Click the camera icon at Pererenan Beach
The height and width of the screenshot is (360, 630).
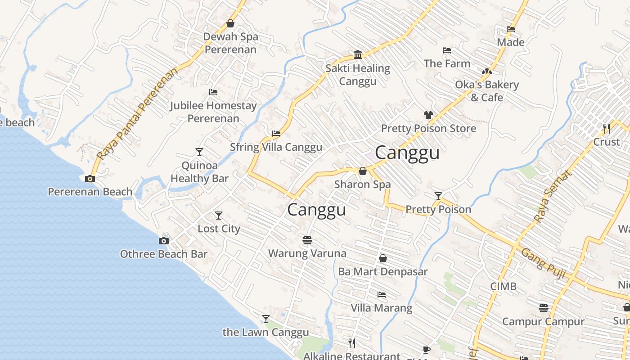click(x=90, y=179)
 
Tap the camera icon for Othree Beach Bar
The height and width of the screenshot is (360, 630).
click(x=164, y=241)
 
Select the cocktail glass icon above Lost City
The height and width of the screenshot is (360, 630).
click(x=219, y=216)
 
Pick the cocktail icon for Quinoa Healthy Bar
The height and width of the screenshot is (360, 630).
click(x=199, y=152)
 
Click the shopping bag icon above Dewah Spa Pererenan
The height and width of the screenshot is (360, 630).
click(x=230, y=23)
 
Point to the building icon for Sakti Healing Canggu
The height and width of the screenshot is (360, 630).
click(x=358, y=55)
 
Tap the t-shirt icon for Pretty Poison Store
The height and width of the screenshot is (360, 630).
click(x=428, y=115)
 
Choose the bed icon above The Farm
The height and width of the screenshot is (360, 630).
click(x=447, y=50)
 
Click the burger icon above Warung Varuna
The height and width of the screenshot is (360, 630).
click(x=307, y=240)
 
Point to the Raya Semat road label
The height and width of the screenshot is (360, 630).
click(x=552, y=196)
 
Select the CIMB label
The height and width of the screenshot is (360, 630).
click(x=503, y=286)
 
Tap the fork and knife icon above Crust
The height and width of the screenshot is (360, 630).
click(x=607, y=129)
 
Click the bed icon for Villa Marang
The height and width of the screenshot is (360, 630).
click(x=382, y=295)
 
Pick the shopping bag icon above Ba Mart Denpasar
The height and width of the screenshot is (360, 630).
click(x=383, y=258)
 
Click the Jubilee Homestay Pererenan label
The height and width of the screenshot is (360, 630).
click(x=213, y=112)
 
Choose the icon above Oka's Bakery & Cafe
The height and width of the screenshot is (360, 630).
click(x=486, y=72)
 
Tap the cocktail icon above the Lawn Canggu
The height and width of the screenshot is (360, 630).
click(x=266, y=319)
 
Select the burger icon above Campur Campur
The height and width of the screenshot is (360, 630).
click(x=544, y=308)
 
